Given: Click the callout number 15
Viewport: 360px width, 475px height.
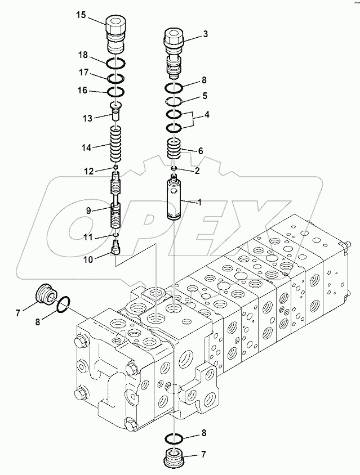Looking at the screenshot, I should click(x=82, y=15).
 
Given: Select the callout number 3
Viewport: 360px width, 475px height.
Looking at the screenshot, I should click(x=206, y=34).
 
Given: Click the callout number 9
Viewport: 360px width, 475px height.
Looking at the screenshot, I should click(x=88, y=210).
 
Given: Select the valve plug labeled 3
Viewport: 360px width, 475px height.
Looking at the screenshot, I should click(x=174, y=51).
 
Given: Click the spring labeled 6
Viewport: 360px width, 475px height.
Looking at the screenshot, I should click(x=174, y=150).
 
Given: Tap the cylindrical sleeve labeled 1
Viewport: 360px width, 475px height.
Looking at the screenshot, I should click(x=175, y=200).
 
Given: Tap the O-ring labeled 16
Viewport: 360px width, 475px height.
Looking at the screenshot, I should click(x=117, y=91).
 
